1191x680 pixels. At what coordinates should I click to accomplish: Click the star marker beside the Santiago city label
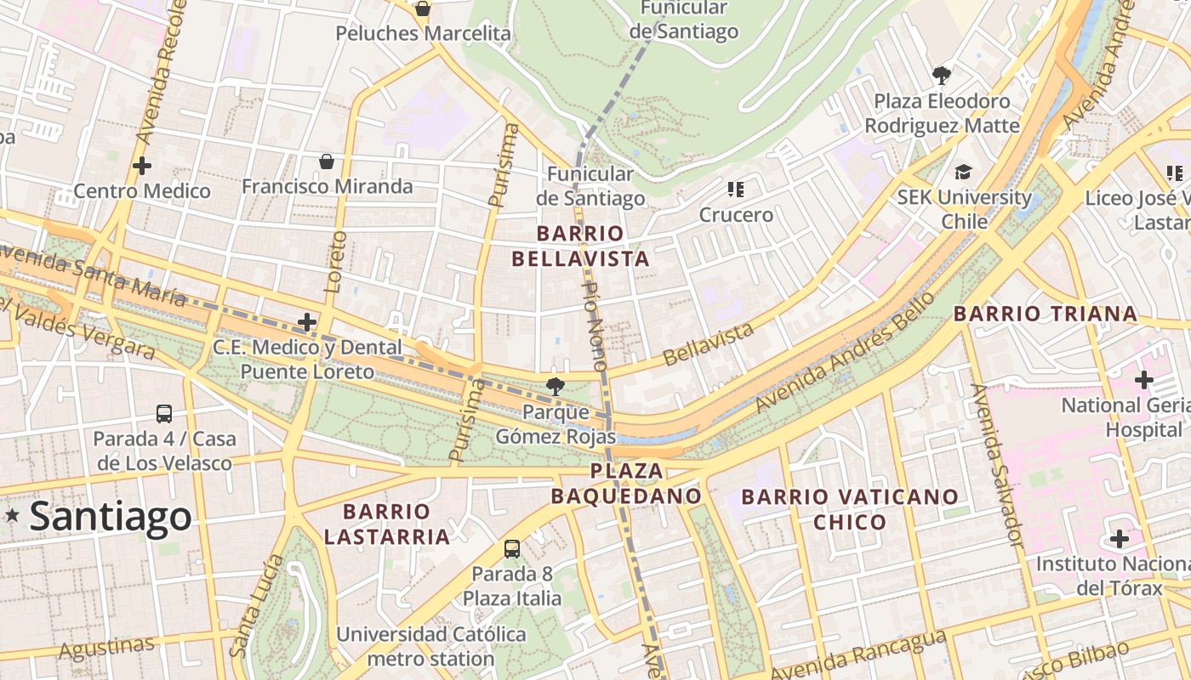[x=12, y=515]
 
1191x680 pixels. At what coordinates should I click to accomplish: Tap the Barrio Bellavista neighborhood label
[x=593, y=246]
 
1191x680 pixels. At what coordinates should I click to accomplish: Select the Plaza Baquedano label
[x=626, y=483]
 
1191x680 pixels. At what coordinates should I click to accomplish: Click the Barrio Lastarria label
[x=387, y=524]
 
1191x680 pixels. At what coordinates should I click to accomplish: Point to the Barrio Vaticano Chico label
[x=850, y=508]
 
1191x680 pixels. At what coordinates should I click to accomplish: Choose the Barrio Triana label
[x=1045, y=314]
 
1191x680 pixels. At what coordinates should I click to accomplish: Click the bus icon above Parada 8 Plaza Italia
[x=512, y=548]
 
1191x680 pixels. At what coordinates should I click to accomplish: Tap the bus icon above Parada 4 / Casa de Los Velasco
[x=164, y=414]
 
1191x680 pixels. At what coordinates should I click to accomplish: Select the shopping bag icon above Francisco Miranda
[x=326, y=161]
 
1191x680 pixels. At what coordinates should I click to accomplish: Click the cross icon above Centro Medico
[x=142, y=166]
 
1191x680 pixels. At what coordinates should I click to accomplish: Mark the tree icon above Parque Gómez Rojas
[x=556, y=387]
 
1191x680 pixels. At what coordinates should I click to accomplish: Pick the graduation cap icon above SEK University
[x=963, y=173]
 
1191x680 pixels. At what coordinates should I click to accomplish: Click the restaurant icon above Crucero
[x=736, y=190]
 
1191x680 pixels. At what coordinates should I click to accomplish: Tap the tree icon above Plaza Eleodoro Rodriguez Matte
[x=942, y=76]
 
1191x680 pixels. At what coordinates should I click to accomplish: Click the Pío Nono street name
[x=594, y=325]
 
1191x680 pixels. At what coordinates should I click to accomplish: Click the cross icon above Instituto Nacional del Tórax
[x=1120, y=539]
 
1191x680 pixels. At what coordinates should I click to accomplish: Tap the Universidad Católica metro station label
[x=430, y=646]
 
